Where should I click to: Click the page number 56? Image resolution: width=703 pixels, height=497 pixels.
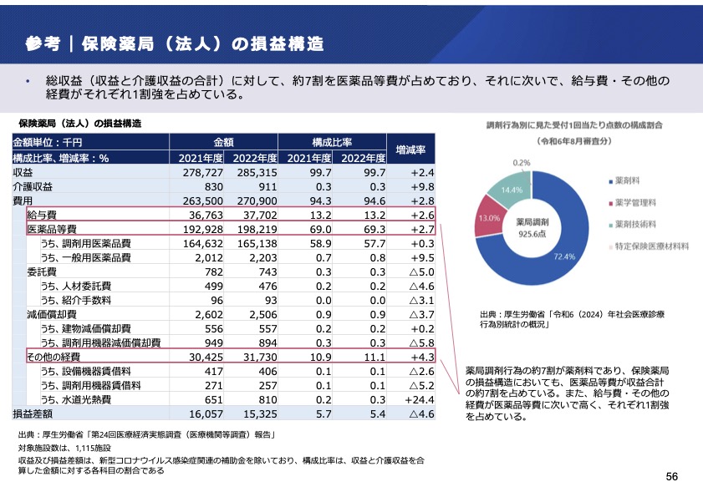[671, 476]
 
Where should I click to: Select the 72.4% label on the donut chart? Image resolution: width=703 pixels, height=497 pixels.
[563, 256]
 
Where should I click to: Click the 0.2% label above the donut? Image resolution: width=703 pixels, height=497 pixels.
[522, 162]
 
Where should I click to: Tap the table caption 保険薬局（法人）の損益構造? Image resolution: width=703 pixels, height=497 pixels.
[79, 123]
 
